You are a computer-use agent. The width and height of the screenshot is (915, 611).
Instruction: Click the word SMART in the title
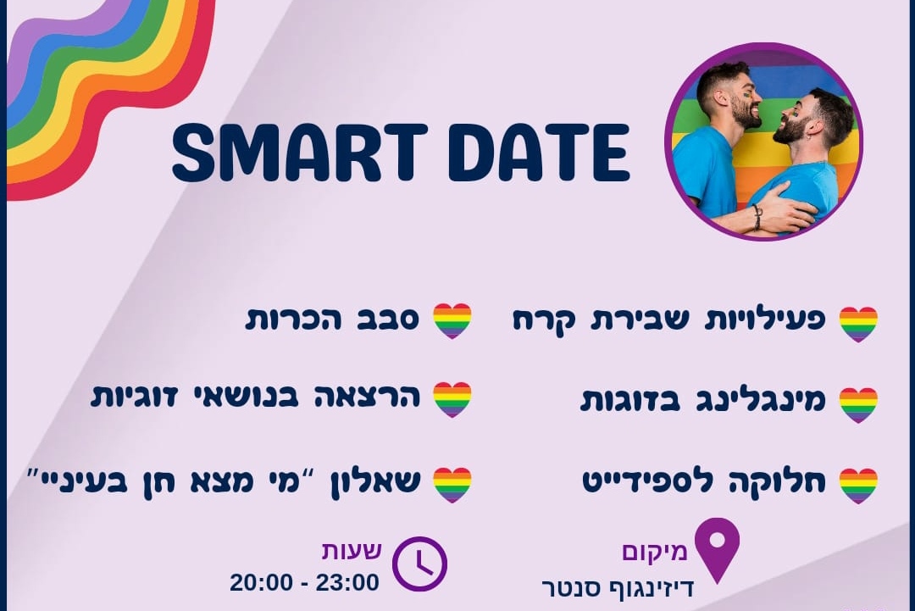point(300,153)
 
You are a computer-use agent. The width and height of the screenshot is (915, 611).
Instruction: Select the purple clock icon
point(419,564)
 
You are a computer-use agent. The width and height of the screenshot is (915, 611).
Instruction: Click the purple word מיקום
point(655,552)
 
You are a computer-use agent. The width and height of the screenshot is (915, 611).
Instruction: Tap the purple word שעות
point(352,550)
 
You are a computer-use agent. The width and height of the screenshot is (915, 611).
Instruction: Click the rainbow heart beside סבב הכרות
point(452,320)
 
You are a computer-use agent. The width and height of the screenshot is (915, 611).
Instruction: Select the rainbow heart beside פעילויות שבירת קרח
point(858,324)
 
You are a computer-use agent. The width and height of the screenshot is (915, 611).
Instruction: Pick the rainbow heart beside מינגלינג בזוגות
point(858,404)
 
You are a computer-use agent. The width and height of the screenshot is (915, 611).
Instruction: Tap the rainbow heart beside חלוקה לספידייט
point(858,486)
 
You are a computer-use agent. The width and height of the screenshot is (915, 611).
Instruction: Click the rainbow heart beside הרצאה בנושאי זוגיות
point(452,400)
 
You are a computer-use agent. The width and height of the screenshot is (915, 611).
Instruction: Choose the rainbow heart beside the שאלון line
point(452,485)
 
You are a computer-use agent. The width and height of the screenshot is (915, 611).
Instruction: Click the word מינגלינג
point(761,401)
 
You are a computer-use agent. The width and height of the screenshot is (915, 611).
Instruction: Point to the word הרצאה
point(367,397)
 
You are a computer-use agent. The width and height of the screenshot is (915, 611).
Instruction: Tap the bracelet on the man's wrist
point(757,216)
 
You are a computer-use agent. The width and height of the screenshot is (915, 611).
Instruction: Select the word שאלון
point(375,484)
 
